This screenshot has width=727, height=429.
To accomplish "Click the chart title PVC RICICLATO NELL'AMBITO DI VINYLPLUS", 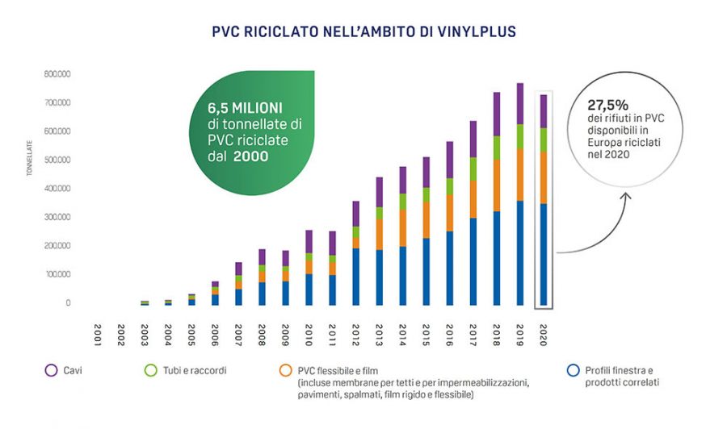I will (363, 31).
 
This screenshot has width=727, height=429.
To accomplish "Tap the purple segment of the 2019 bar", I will (520, 104).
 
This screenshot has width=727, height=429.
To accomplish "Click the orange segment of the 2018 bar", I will (497, 185).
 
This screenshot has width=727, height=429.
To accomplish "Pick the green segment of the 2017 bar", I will (473, 169).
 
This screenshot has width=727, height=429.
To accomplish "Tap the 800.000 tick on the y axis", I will (57, 74).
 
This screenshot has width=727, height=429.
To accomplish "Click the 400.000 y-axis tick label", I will (57, 189).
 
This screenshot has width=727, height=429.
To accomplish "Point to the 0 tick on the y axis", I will (68, 303).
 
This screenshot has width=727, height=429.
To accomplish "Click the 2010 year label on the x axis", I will (309, 332).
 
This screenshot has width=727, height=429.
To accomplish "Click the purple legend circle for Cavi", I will (51, 370).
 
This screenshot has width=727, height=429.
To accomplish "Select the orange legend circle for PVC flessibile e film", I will (285, 370).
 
